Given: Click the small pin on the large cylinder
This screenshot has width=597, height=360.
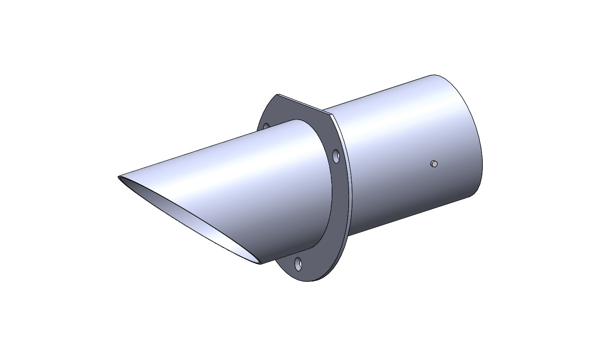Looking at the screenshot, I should tap(434, 164).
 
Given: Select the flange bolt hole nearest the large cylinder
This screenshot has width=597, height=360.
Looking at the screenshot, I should tap(336, 157).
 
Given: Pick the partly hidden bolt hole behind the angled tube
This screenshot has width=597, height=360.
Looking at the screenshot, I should tap(266, 125).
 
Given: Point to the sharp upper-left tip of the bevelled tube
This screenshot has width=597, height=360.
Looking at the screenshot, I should tap(119, 177).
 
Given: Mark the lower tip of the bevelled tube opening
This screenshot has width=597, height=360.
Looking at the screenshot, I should tap(260, 264).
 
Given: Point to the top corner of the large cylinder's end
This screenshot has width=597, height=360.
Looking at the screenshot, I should tap(434, 75).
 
